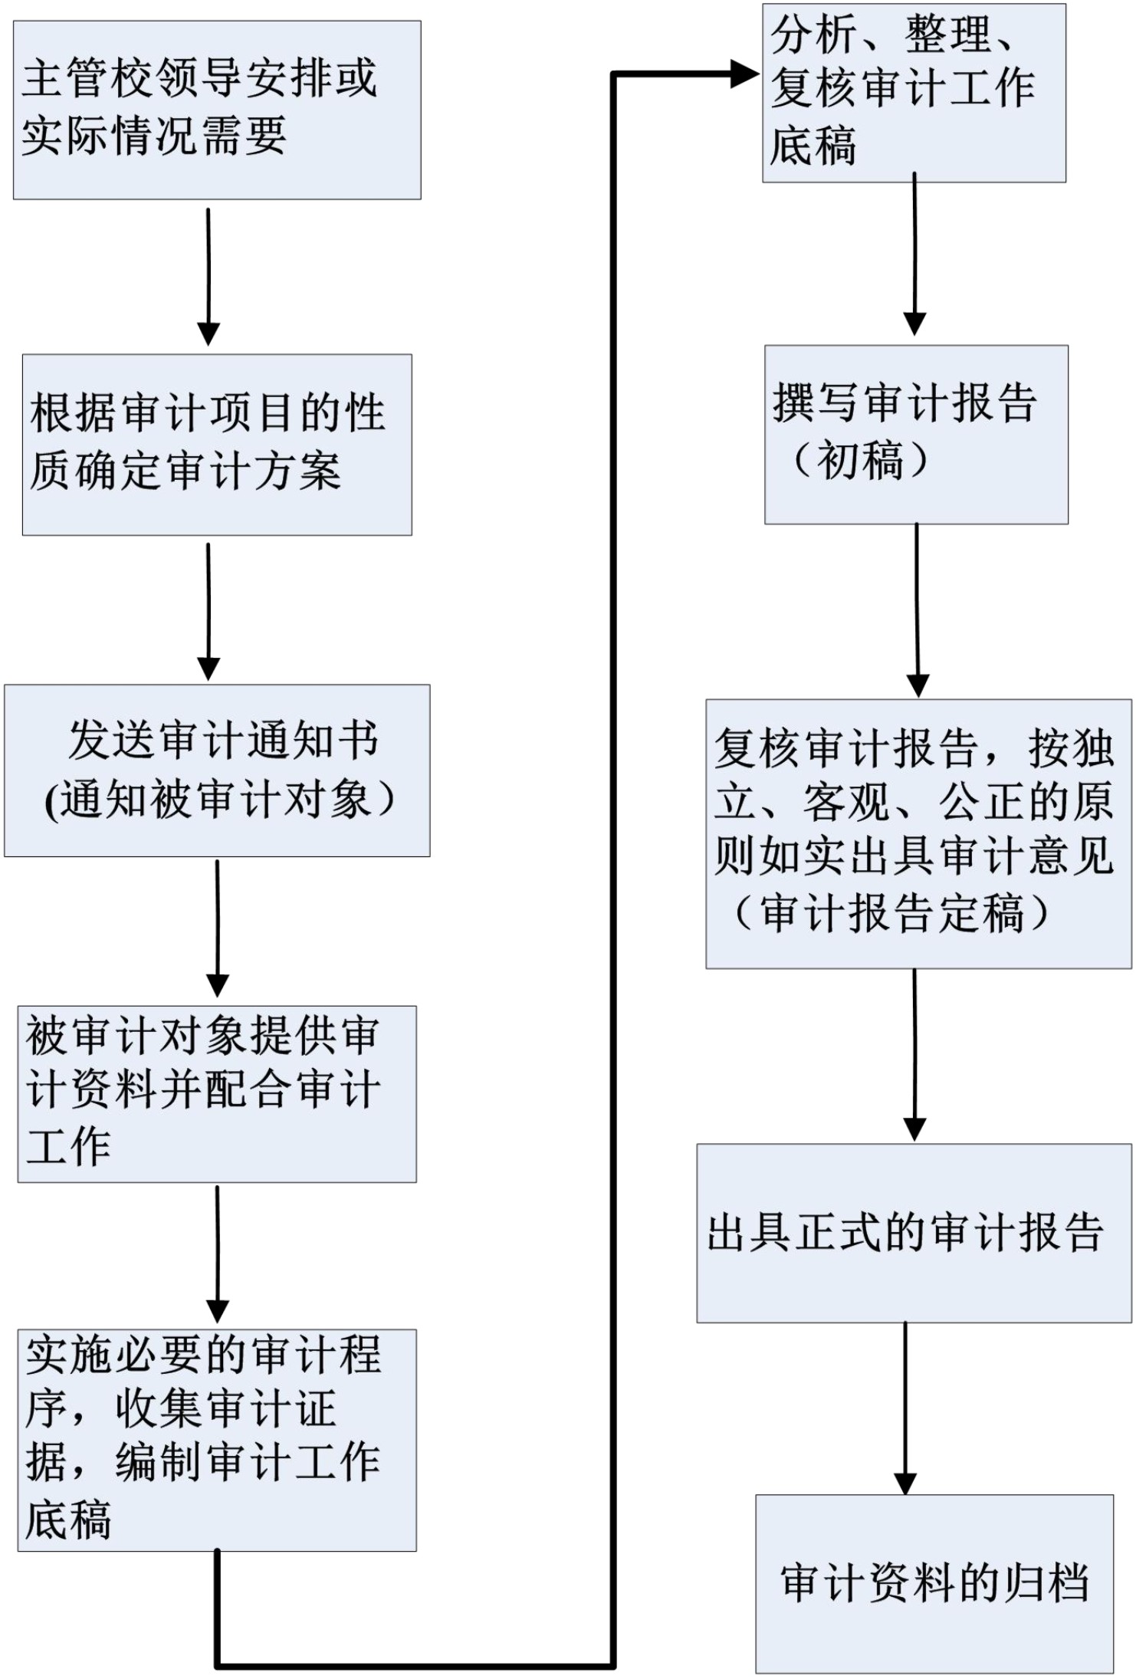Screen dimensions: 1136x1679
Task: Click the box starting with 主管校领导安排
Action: [x=217, y=110]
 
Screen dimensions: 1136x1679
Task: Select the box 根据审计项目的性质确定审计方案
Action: [x=217, y=445]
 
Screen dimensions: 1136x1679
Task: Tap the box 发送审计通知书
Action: [x=217, y=770]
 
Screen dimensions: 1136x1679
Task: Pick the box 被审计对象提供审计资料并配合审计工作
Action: [x=217, y=1094]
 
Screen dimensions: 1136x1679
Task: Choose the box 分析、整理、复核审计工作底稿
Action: [x=914, y=93]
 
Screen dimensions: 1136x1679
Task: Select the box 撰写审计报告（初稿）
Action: [x=916, y=435]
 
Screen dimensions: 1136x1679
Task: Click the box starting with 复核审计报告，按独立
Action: [x=918, y=833]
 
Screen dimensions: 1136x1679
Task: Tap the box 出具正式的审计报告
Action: [x=914, y=1233]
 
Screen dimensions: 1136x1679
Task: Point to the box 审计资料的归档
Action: [x=934, y=1584]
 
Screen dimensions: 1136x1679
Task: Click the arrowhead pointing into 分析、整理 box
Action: [x=745, y=74]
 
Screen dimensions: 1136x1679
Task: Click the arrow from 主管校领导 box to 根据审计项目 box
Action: [x=208, y=277]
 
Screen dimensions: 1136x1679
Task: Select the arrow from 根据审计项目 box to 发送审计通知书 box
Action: [x=208, y=612]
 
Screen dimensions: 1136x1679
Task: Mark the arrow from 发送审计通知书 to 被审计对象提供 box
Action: [x=218, y=928]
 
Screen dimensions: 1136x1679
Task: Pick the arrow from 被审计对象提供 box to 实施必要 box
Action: [x=218, y=1254]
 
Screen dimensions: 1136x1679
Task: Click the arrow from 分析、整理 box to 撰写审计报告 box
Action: [x=914, y=254]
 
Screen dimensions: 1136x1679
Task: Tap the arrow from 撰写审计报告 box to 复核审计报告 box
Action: [x=918, y=610]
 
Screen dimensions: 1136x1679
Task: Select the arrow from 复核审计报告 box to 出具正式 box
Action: [x=914, y=1055]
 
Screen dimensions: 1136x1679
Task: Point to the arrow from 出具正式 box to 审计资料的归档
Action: [x=905, y=1408]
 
